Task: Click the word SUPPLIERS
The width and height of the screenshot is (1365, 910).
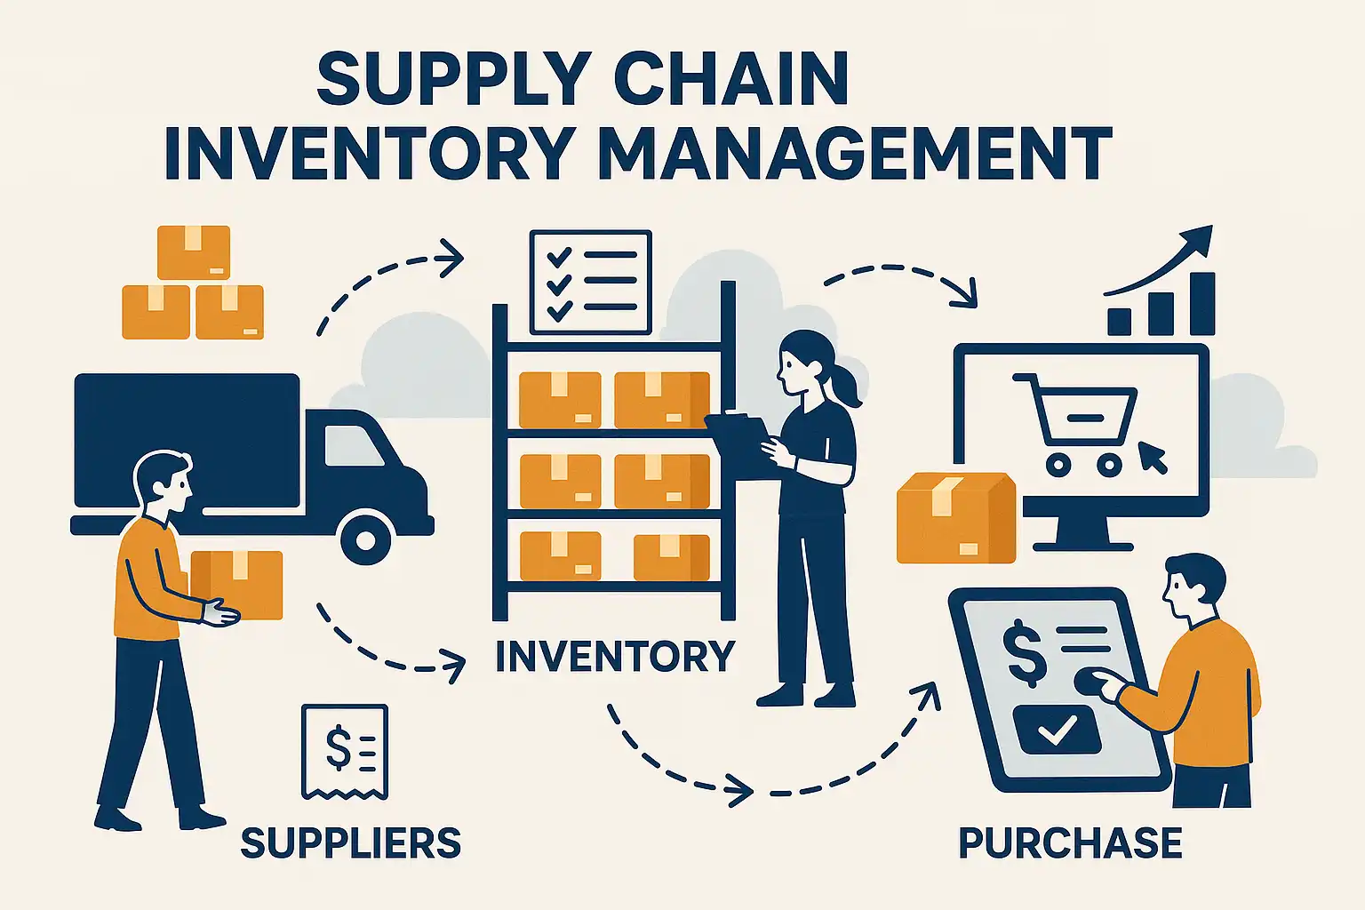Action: [x=350, y=842]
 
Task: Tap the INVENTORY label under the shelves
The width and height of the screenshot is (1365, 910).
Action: [x=615, y=657]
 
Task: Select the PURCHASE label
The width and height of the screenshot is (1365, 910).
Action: [x=1070, y=842]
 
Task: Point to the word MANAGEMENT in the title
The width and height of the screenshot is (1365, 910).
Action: [x=855, y=153]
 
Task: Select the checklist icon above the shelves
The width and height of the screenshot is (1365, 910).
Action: [x=590, y=282]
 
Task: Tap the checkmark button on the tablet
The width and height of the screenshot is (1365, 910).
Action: [x=1057, y=730]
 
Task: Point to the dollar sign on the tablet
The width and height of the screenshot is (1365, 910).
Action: [x=1026, y=653]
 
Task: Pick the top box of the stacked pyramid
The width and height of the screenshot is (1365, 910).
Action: [x=194, y=251]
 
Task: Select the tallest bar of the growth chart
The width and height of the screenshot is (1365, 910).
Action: [x=1201, y=304]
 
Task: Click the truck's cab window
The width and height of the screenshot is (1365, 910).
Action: [x=353, y=445]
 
